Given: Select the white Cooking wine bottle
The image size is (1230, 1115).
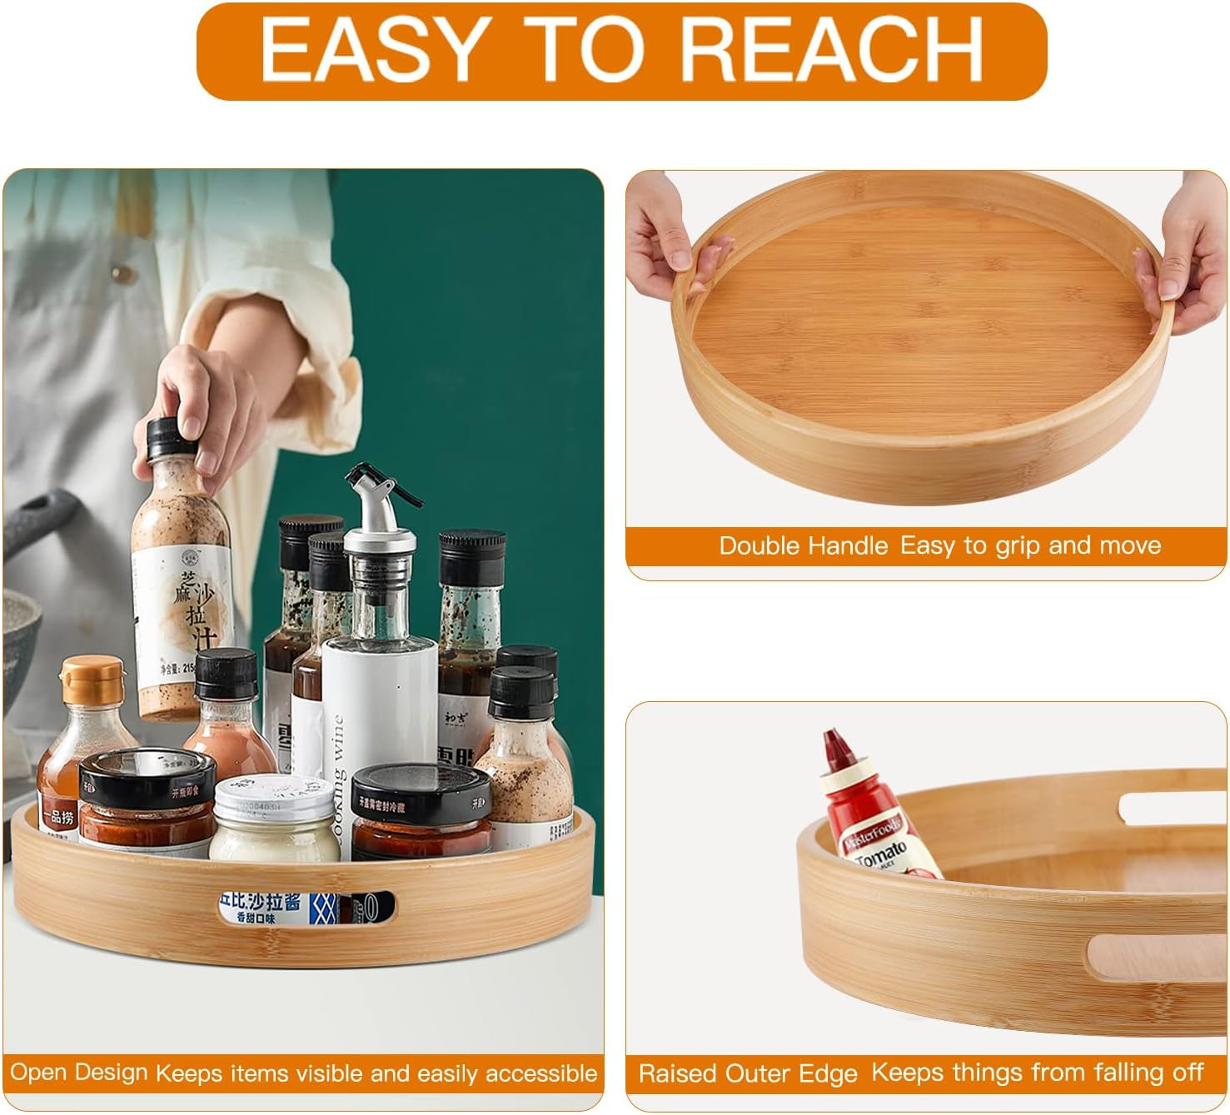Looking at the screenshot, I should coord(378,708).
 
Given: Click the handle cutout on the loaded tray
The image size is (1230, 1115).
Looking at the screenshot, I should coord(305,908).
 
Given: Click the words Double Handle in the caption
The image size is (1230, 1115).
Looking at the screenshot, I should coord(804,546).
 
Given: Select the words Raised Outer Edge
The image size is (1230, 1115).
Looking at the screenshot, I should coord(747,1073).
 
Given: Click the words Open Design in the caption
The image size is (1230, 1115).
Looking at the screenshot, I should coord(79,1072).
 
